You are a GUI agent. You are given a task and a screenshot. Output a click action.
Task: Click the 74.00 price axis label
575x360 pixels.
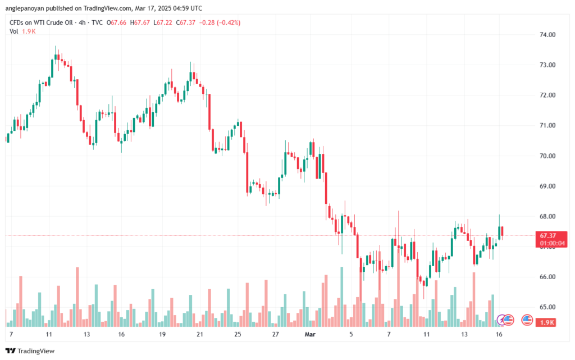(547, 35)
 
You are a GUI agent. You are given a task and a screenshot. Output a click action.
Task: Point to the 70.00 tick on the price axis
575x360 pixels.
(547, 156)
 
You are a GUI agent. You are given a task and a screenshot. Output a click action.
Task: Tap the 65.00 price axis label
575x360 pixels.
(547, 307)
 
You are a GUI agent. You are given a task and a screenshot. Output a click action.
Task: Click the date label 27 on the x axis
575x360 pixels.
(275, 334)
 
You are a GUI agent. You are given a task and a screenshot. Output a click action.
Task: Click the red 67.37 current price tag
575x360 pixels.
(548, 235)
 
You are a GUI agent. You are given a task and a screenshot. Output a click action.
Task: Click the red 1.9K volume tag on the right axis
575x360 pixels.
(548, 322)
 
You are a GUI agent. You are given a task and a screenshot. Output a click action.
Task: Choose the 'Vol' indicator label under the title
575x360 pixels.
(13, 31)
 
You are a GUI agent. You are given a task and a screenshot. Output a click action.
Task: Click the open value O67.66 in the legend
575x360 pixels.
(115, 22)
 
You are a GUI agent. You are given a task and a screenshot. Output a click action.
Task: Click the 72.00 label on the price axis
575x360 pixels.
(547, 95)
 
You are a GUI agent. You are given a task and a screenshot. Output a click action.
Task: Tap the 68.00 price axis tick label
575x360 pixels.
(547, 217)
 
